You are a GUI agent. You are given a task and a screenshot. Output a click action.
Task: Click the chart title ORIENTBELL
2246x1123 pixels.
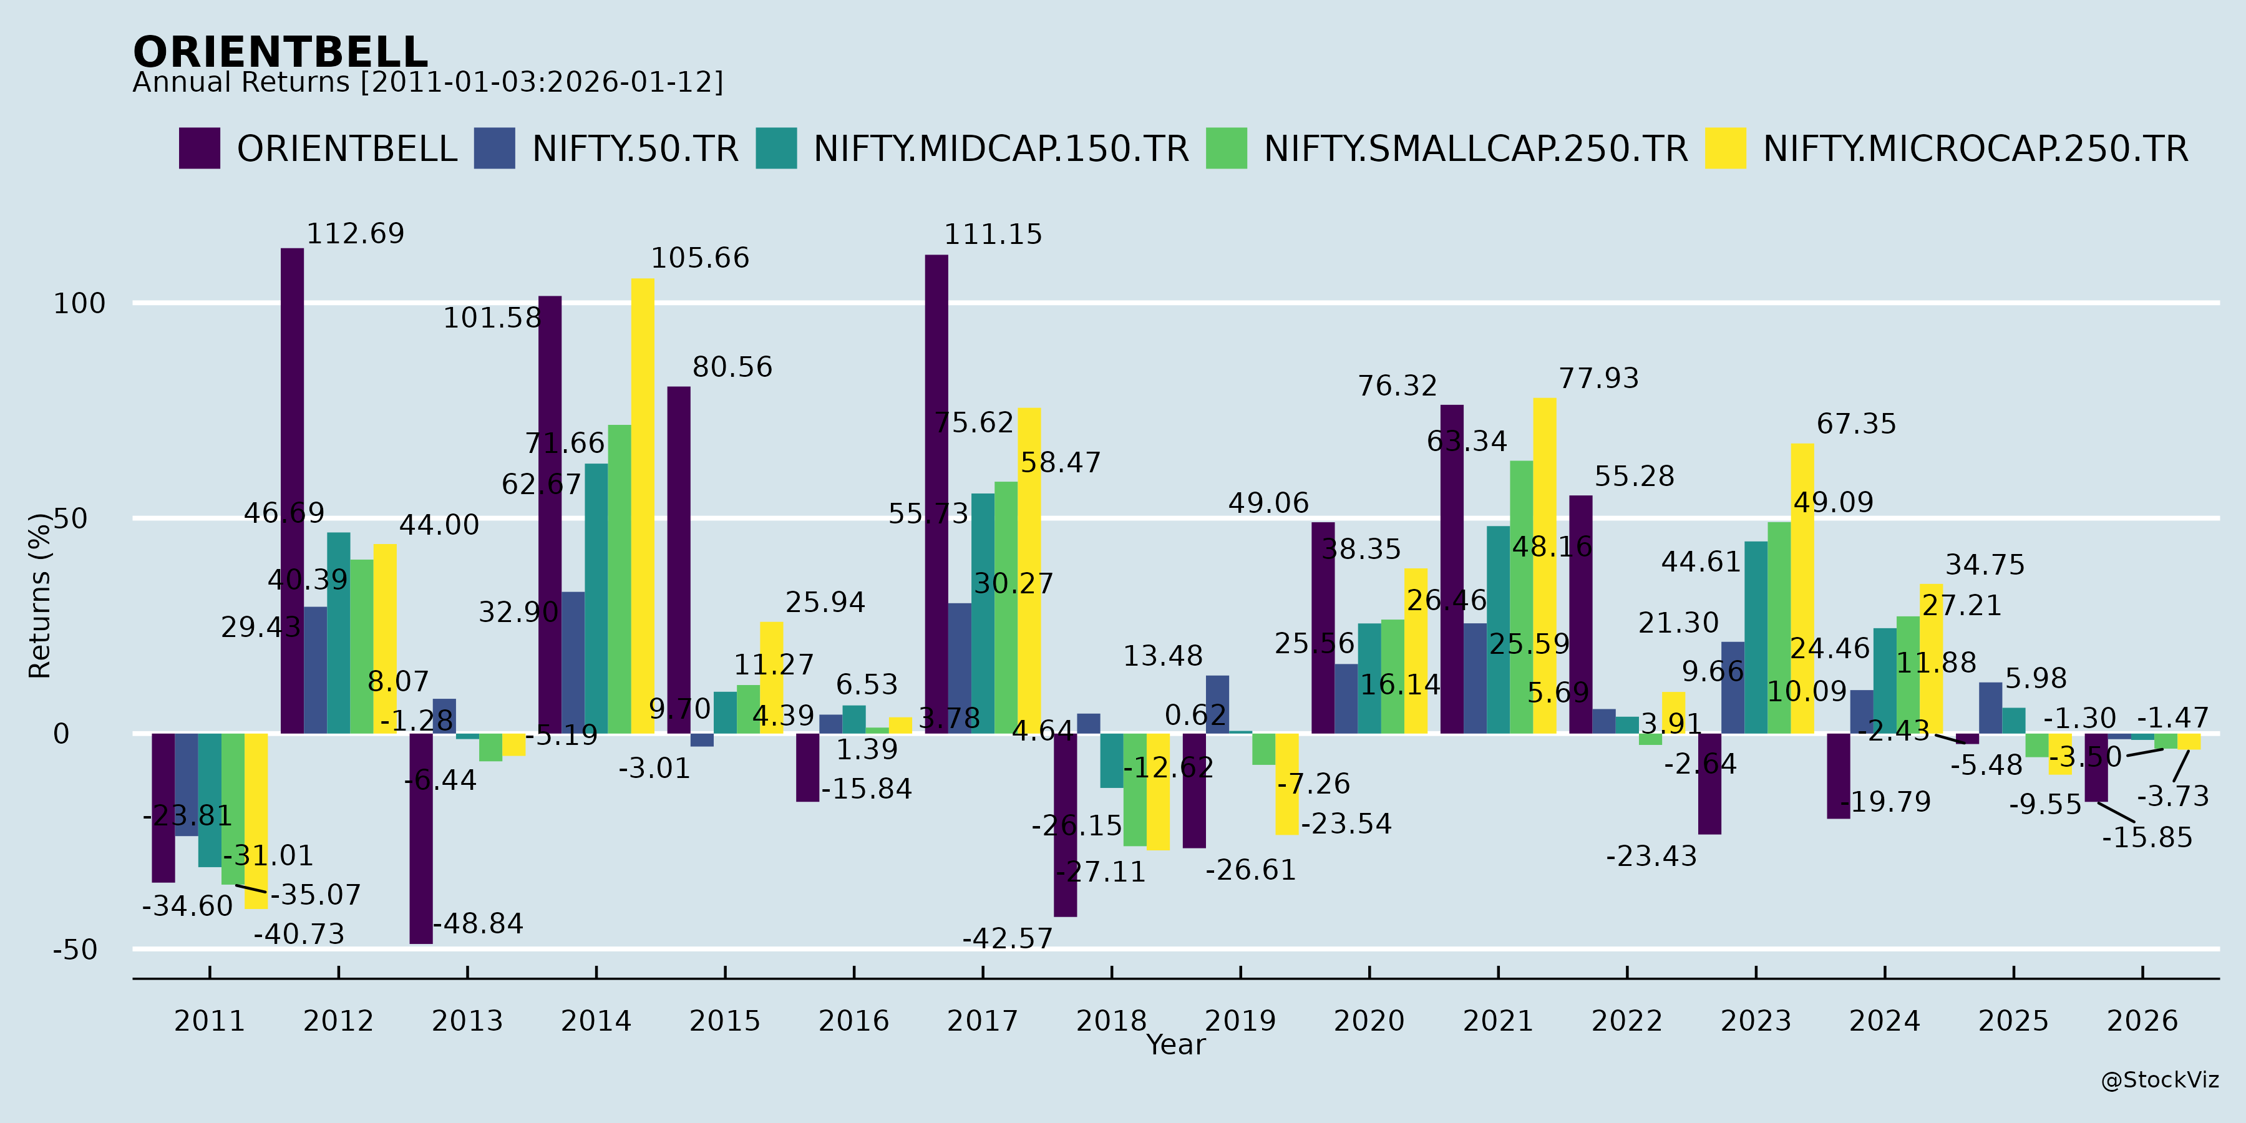280,52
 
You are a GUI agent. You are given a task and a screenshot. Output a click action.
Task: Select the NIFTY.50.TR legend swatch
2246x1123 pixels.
494,148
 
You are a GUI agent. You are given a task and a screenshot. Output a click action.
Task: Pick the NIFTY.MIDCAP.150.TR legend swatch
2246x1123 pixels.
776,148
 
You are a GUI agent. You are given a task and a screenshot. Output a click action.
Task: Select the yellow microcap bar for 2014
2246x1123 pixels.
643,506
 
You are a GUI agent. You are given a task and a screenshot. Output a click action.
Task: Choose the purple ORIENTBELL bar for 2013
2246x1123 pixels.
421,838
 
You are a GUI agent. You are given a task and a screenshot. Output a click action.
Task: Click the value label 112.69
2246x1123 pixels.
356,234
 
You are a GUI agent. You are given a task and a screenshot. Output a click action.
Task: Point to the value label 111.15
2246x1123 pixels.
993,235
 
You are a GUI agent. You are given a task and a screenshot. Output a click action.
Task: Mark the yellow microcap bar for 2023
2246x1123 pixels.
1802,588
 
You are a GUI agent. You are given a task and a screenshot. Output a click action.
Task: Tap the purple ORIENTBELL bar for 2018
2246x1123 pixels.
1066,825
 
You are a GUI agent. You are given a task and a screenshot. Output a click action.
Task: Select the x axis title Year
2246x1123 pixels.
1175,1044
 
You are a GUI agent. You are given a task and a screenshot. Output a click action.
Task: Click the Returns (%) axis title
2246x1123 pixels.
40,596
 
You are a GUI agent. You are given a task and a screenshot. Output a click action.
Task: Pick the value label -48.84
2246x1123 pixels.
479,923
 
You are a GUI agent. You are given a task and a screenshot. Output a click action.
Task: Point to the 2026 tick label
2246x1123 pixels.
2142,1020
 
